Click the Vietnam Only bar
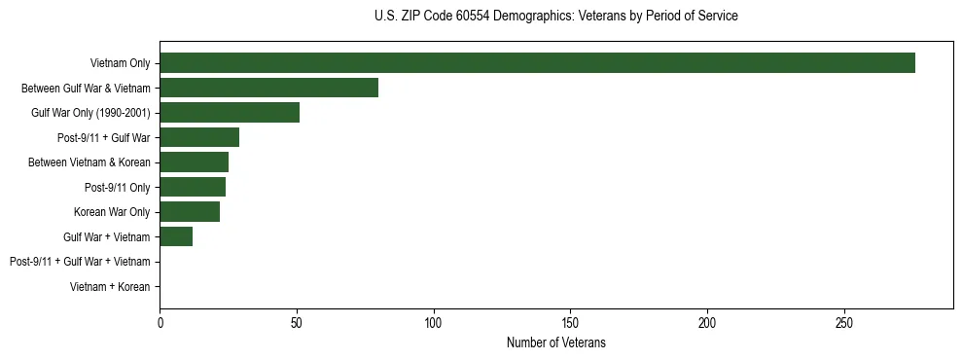(x=537, y=63)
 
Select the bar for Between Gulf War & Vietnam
(x=268, y=88)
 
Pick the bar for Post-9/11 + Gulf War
(x=199, y=137)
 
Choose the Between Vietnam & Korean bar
(x=194, y=162)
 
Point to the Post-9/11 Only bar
(x=193, y=187)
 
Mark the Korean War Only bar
(x=190, y=211)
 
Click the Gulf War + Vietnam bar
(x=176, y=236)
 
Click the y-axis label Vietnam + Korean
(x=110, y=287)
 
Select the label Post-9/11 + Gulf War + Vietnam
(x=80, y=262)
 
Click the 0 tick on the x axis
(x=160, y=324)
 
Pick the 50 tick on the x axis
(x=297, y=324)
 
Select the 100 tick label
(x=434, y=324)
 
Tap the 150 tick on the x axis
(x=570, y=324)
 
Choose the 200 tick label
(x=707, y=324)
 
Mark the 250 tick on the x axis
(x=844, y=324)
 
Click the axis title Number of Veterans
(x=555, y=342)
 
